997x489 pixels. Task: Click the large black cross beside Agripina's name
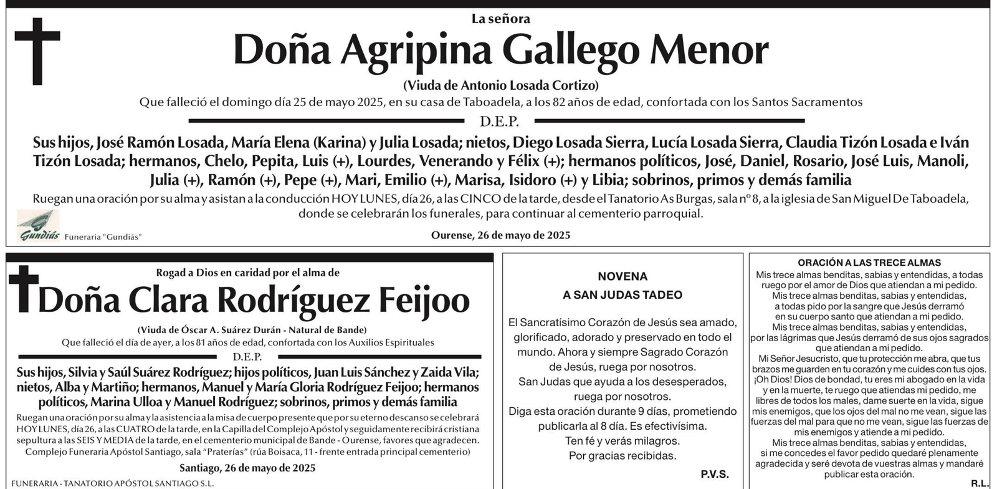click(37, 51)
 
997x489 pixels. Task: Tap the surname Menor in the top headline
click(709, 50)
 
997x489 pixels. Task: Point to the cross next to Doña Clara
click(23, 288)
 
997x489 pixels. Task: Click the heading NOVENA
click(623, 276)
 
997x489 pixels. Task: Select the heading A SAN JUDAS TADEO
click(623, 295)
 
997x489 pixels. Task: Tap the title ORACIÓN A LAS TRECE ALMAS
click(869, 263)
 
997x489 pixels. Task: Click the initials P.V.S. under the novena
click(715, 474)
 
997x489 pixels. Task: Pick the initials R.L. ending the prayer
click(979, 483)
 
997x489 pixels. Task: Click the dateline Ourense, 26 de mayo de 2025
click(500, 235)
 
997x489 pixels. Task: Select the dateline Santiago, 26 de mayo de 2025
click(247, 468)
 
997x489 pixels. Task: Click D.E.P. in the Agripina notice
click(499, 122)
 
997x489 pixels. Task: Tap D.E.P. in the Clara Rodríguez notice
click(247, 357)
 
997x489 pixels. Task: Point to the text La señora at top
click(500, 19)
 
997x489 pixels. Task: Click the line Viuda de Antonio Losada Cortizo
click(500, 85)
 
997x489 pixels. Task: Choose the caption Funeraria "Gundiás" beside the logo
click(103, 237)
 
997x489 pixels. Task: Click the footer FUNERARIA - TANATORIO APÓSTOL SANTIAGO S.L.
click(112, 483)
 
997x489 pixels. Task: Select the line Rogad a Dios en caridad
click(247, 273)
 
